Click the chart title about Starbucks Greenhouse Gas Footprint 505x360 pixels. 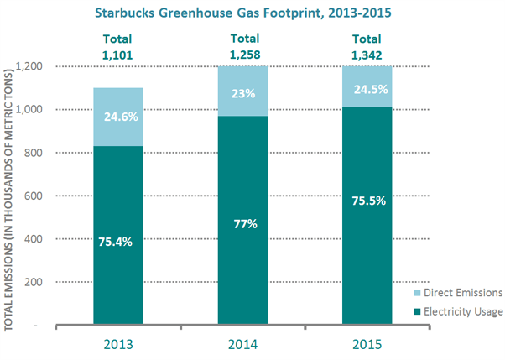[x=243, y=13]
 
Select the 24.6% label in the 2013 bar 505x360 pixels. [x=121, y=117]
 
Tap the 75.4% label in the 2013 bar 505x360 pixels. [x=115, y=242]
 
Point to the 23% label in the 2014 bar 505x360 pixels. [x=243, y=94]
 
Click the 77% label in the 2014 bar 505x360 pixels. [x=246, y=224]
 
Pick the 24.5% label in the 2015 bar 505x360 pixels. [x=371, y=89]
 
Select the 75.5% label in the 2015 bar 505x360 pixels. [x=369, y=201]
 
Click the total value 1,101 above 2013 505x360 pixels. [x=117, y=55]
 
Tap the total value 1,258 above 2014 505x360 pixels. [x=245, y=55]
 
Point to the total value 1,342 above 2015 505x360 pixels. [x=367, y=55]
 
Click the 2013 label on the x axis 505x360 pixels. [x=118, y=345]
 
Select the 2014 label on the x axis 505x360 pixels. [x=242, y=345]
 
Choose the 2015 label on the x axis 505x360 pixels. [x=367, y=345]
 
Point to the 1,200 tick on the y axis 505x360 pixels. [x=29, y=66]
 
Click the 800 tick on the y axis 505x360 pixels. [x=34, y=153]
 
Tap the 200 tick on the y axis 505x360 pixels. [x=34, y=282]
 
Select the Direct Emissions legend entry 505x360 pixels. [x=458, y=293]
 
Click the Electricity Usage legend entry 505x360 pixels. [x=458, y=311]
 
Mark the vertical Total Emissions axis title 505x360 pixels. [x=8, y=201]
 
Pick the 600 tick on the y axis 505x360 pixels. [x=34, y=196]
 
